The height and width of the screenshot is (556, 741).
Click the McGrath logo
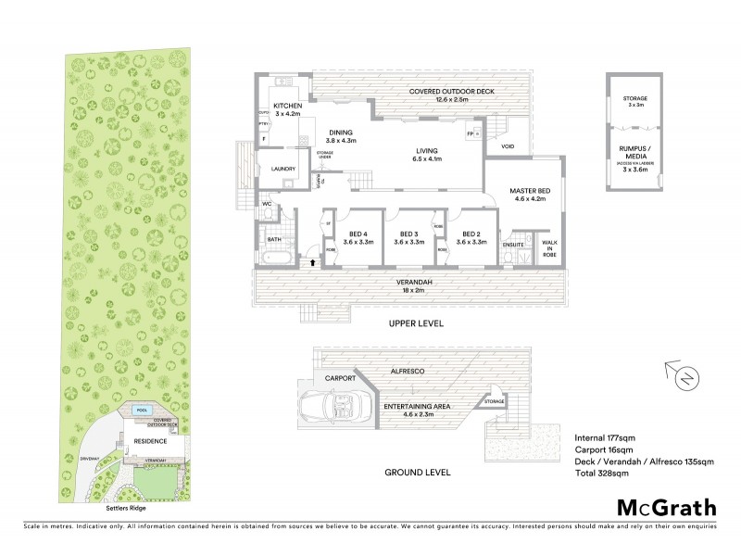(x=666, y=507)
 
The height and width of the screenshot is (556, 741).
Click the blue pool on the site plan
(x=142, y=411)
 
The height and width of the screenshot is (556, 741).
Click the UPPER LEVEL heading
(x=417, y=324)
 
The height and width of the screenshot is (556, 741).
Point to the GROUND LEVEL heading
(x=417, y=472)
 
